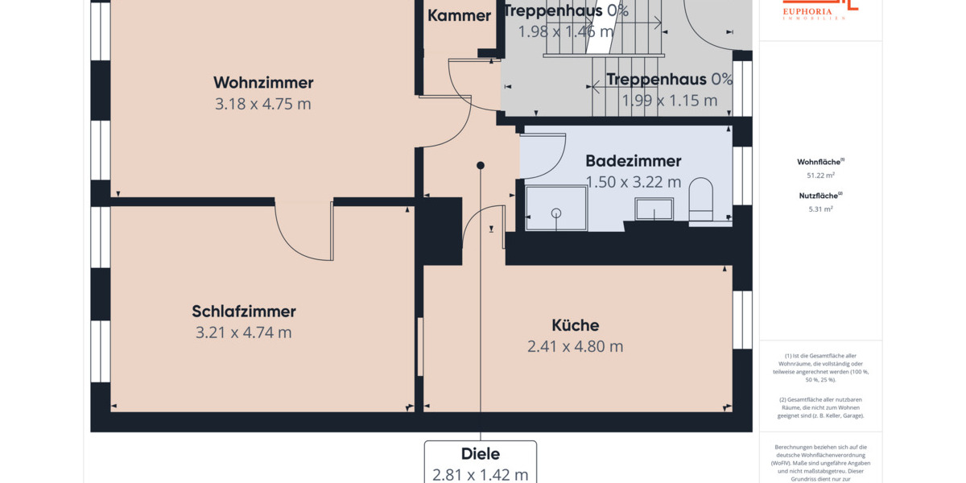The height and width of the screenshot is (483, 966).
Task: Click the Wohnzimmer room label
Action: click(x=263, y=83)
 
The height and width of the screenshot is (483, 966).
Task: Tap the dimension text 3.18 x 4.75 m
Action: click(x=263, y=104)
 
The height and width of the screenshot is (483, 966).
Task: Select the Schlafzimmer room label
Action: click(x=244, y=312)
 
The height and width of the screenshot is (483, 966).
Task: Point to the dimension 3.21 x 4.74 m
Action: click(x=244, y=332)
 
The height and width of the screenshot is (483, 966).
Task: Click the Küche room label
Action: click(x=575, y=325)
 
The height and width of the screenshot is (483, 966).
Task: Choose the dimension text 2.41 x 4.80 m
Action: click(x=575, y=346)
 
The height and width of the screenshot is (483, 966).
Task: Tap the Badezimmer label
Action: click(x=633, y=161)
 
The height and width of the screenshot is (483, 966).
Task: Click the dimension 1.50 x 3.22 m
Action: click(x=633, y=182)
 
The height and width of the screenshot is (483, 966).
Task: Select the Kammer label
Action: click(x=459, y=15)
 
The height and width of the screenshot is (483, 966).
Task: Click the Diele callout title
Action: click(x=481, y=454)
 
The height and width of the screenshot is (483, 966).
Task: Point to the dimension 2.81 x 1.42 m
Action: click(x=481, y=474)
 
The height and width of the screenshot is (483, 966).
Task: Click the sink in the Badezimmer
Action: click(x=654, y=209)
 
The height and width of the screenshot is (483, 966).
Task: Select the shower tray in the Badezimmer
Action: click(x=556, y=208)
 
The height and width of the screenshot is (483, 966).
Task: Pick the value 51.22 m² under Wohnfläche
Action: click(x=820, y=175)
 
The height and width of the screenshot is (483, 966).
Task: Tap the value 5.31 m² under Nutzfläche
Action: click(x=820, y=208)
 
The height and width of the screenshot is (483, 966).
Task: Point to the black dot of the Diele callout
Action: click(x=481, y=165)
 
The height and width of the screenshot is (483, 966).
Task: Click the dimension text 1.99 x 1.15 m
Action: click(x=669, y=101)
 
